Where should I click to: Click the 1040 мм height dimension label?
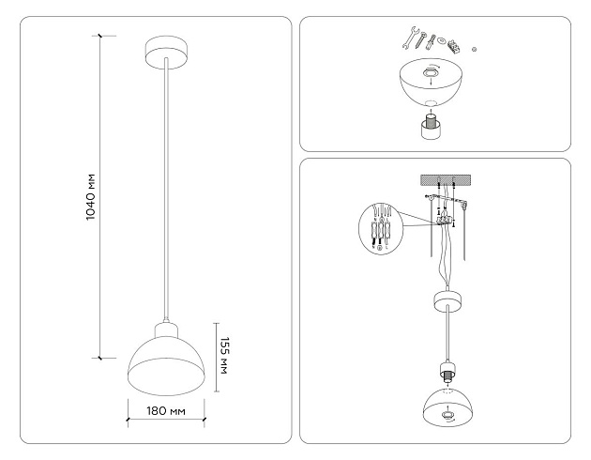[91, 198]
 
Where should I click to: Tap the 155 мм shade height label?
[224, 354]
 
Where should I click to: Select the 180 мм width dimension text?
[165, 411]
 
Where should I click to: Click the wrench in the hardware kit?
[411, 38]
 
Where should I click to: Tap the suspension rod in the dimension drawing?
[165, 188]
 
